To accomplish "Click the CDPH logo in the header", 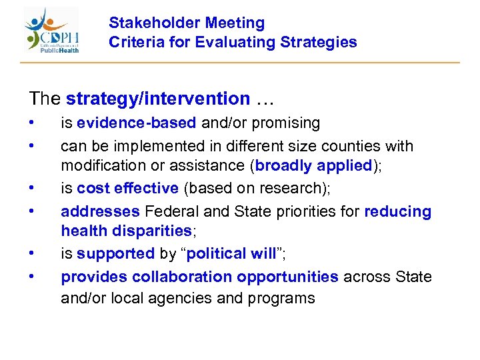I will tap(52, 31).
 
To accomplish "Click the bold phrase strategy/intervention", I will tap(158, 99).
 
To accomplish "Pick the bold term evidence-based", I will tap(137, 123).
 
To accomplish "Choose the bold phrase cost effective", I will tap(127, 189).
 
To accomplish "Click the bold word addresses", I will tap(100, 211).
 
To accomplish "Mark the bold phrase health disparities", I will tap(126, 231).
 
